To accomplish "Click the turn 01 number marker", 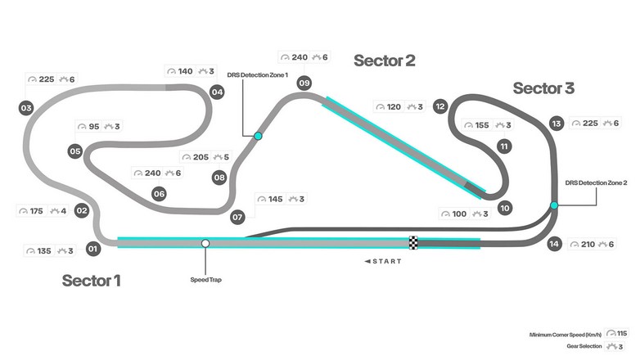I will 92,248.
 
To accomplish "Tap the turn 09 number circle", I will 304,83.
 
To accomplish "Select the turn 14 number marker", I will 555,243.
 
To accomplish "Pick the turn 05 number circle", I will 74,151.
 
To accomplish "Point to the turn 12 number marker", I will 440,106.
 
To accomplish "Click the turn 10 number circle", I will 505,209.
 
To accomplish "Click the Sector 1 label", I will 92,281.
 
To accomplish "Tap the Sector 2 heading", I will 385,61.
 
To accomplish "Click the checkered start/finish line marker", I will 413,243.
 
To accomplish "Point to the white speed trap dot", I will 205,243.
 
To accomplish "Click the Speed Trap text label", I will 205,279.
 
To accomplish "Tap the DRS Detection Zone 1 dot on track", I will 258,136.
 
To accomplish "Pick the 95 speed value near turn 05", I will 93,127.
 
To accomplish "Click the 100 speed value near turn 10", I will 458,214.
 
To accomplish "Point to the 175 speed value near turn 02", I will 36,211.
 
